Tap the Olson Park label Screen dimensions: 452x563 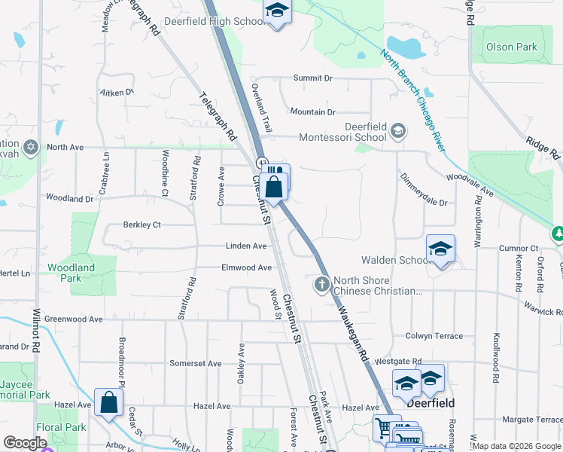pyautogui.click(x=512, y=47)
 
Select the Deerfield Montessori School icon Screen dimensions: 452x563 pyautogui.click(x=398, y=133)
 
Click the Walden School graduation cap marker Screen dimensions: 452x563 pyautogui.click(x=440, y=248)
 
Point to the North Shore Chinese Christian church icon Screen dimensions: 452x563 pyautogui.click(x=321, y=284)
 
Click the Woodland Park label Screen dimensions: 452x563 pyautogui.click(x=71, y=273)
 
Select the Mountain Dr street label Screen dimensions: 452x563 pyautogui.click(x=312, y=111)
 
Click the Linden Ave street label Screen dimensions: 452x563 pyautogui.click(x=246, y=246)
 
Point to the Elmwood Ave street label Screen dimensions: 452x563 pyautogui.click(x=246, y=267)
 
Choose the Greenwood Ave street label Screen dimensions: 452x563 pyautogui.click(x=73, y=319)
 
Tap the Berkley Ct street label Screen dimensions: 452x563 pyautogui.click(x=142, y=224)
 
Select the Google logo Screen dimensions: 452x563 pyautogui.click(x=25, y=443)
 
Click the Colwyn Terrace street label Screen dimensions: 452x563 pyautogui.click(x=434, y=336)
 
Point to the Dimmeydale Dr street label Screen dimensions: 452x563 pyautogui.click(x=424, y=203)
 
